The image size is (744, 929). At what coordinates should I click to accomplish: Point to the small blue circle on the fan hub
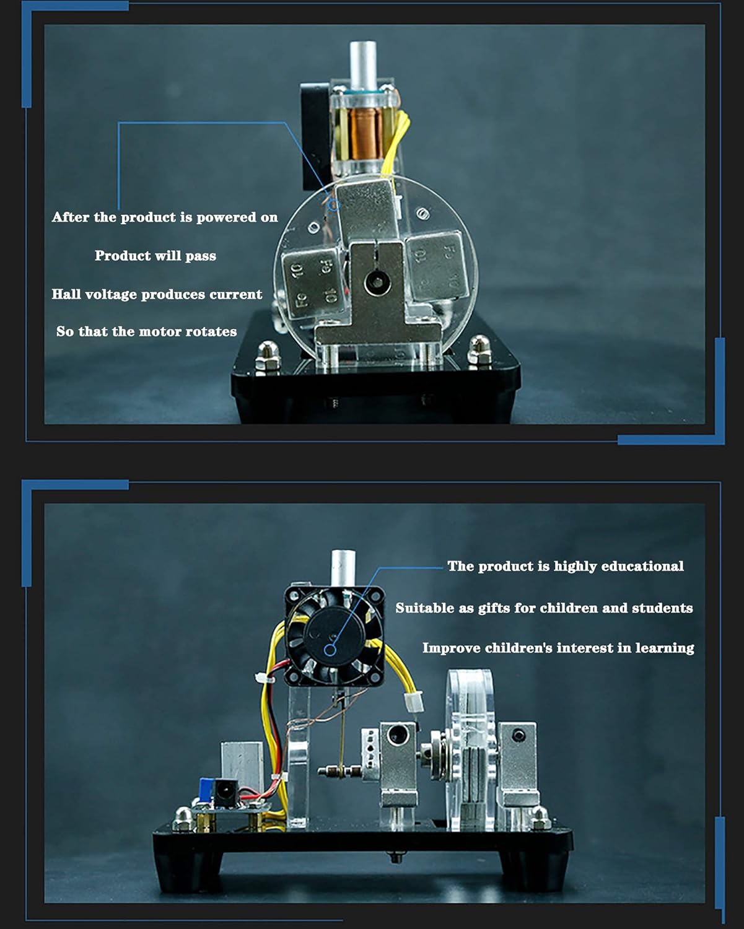[x=330, y=650]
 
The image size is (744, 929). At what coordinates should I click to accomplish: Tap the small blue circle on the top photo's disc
[x=333, y=205]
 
